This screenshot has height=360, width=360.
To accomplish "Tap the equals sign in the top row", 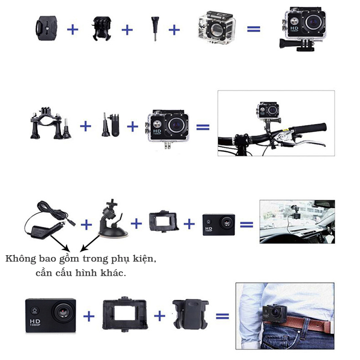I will pyautogui.click(x=253, y=29).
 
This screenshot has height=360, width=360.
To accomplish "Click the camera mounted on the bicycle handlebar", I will pyautogui.click(x=269, y=111).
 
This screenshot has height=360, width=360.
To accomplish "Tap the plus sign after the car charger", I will pyautogui.click(x=85, y=223).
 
